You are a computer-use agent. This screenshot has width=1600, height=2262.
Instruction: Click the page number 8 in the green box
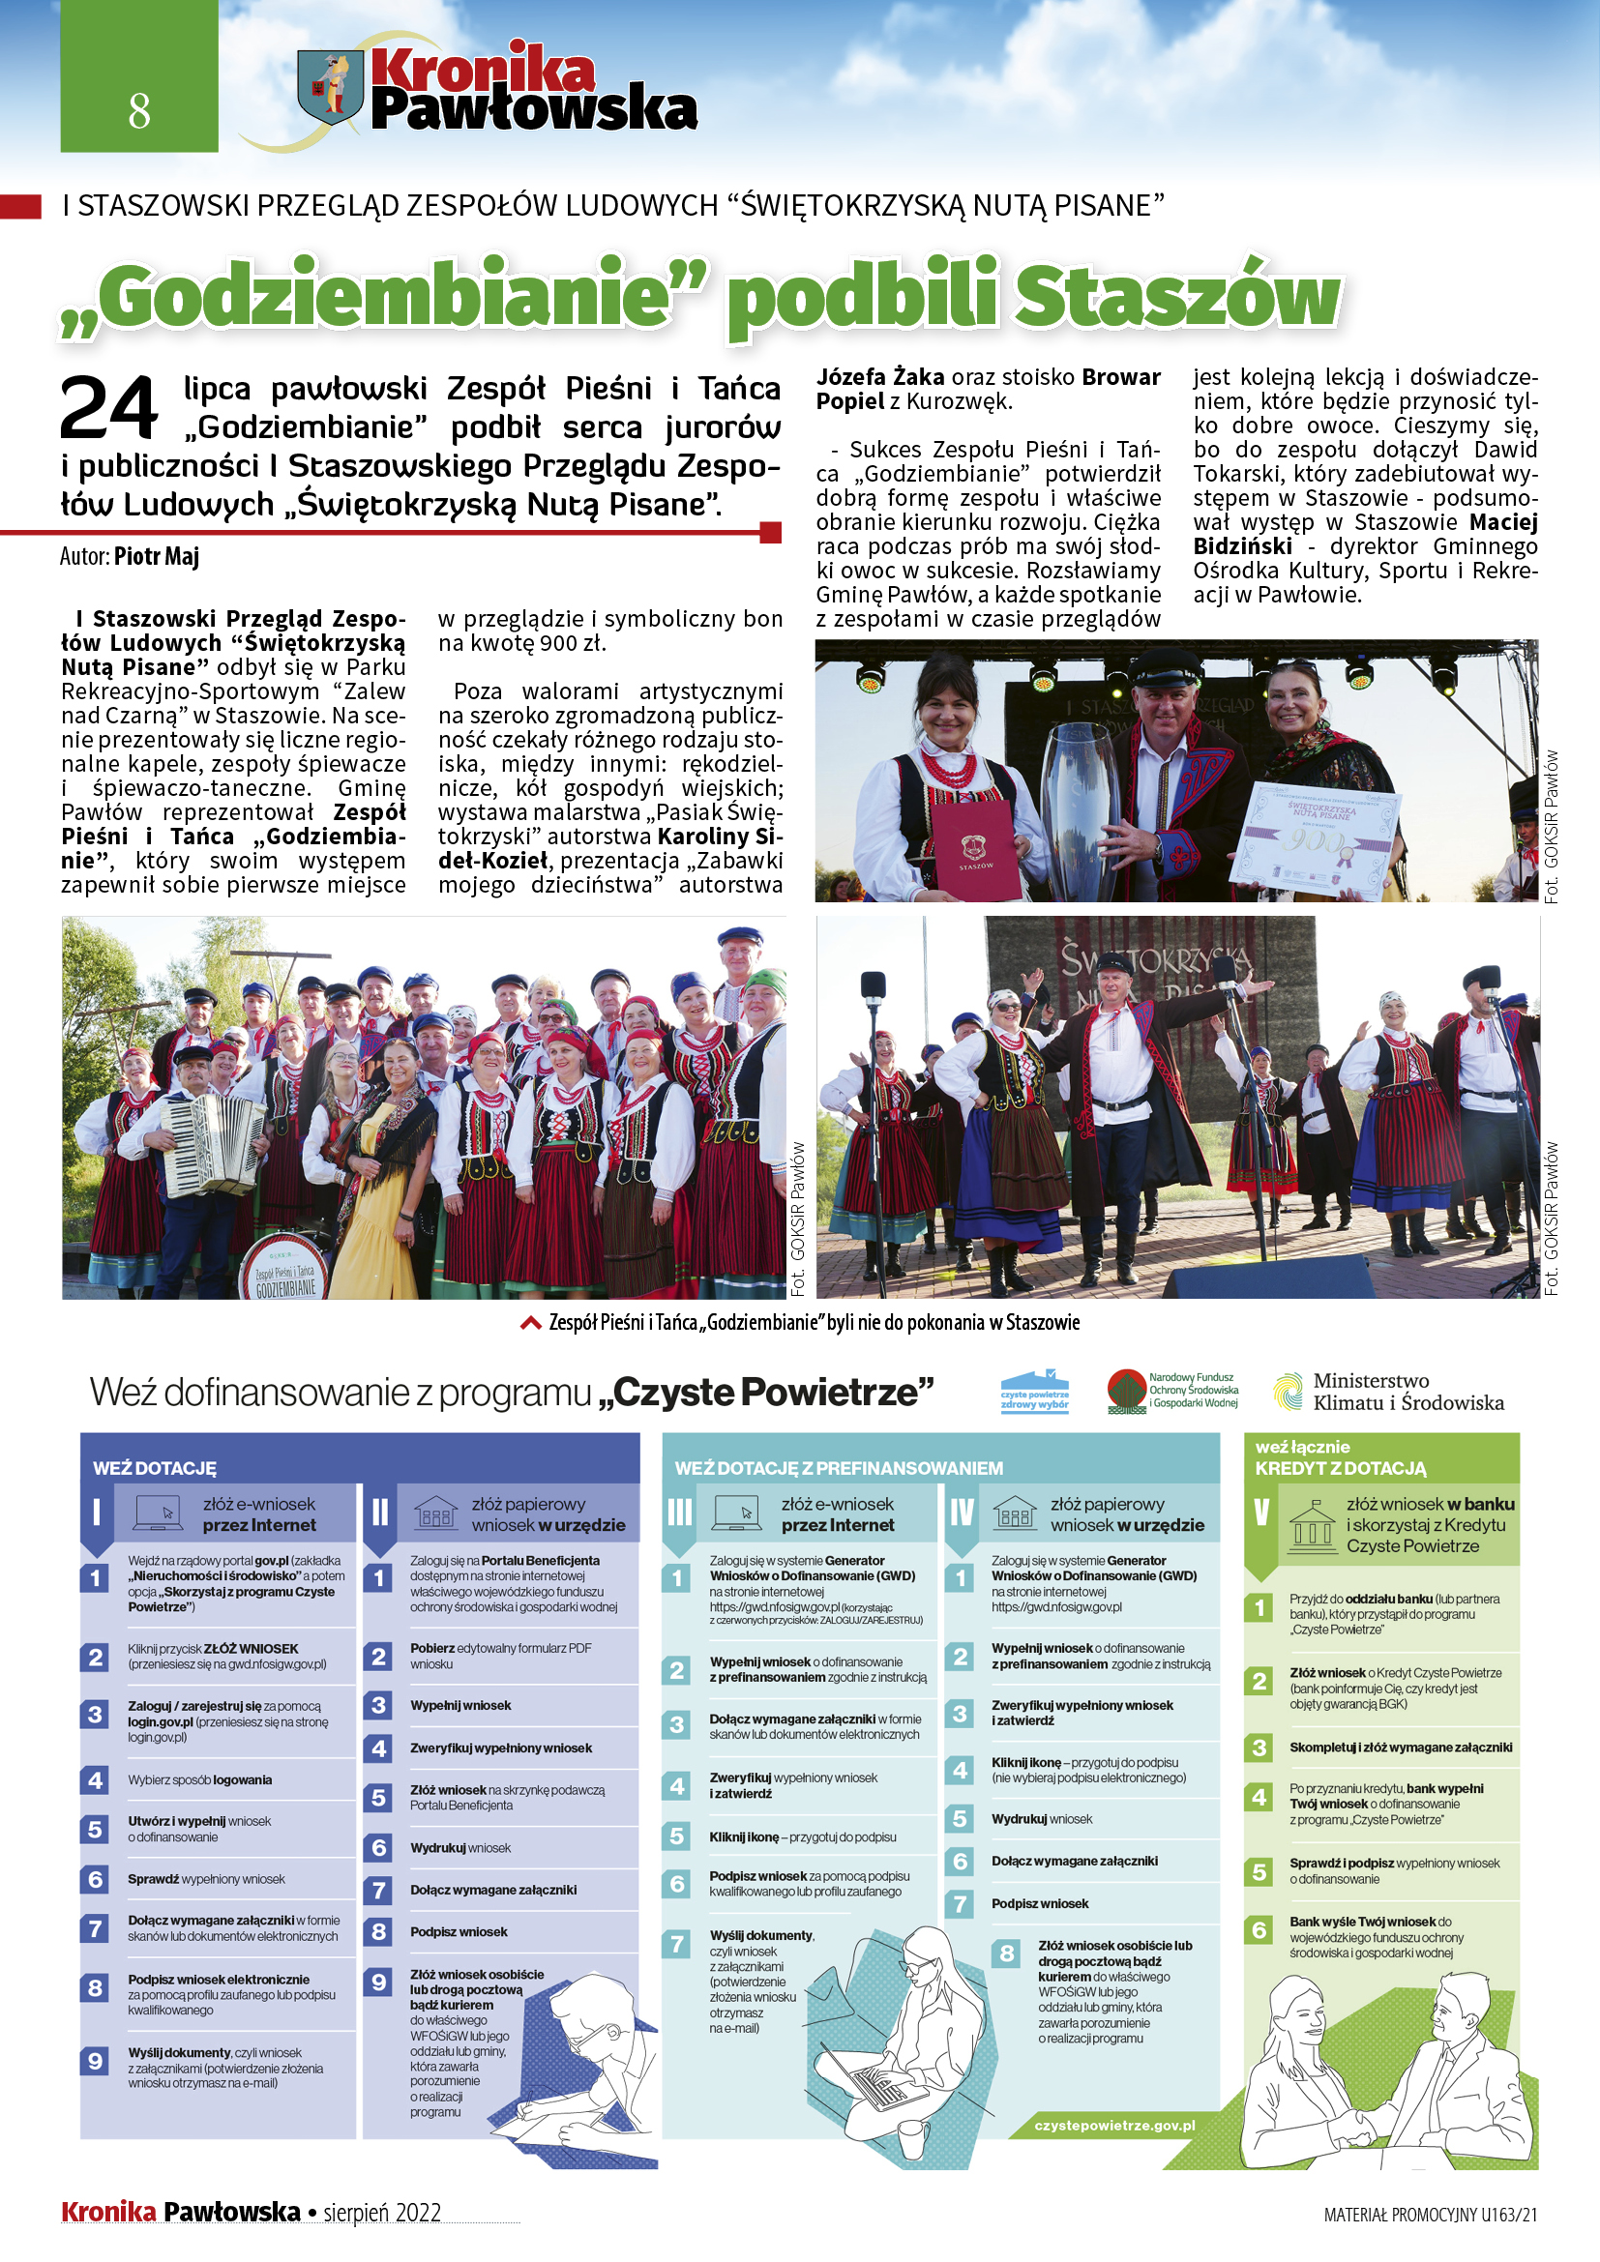click(x=139, y=110)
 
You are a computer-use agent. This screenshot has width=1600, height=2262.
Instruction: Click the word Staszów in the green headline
click(x=1178, y=297)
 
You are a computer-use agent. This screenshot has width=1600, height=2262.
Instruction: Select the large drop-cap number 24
click(x=108, y=409)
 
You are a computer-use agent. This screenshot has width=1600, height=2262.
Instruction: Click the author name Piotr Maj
click(x=157, y=557)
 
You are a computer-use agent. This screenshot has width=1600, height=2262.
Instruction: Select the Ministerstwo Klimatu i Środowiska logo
click(x=1389, y=1392)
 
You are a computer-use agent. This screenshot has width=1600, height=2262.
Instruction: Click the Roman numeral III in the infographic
click(x=680, y=1513)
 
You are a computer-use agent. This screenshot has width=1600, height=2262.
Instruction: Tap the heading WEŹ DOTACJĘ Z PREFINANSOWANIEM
click(x=839, y=1468)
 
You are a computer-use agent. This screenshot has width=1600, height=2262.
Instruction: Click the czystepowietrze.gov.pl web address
click(x=1114, y=2125)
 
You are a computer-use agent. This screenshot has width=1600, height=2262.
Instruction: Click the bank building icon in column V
click(x=1312, y=1523)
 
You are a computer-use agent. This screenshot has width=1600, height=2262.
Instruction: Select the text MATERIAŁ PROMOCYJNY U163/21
click(x=1430, y=2215)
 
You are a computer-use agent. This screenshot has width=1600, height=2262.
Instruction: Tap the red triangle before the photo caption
click(x=530, y=1323)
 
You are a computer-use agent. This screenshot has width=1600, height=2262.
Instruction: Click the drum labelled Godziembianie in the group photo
click(x=284, y=1270)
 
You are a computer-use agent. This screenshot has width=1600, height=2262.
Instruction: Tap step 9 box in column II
click(x=378, y=1982)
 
